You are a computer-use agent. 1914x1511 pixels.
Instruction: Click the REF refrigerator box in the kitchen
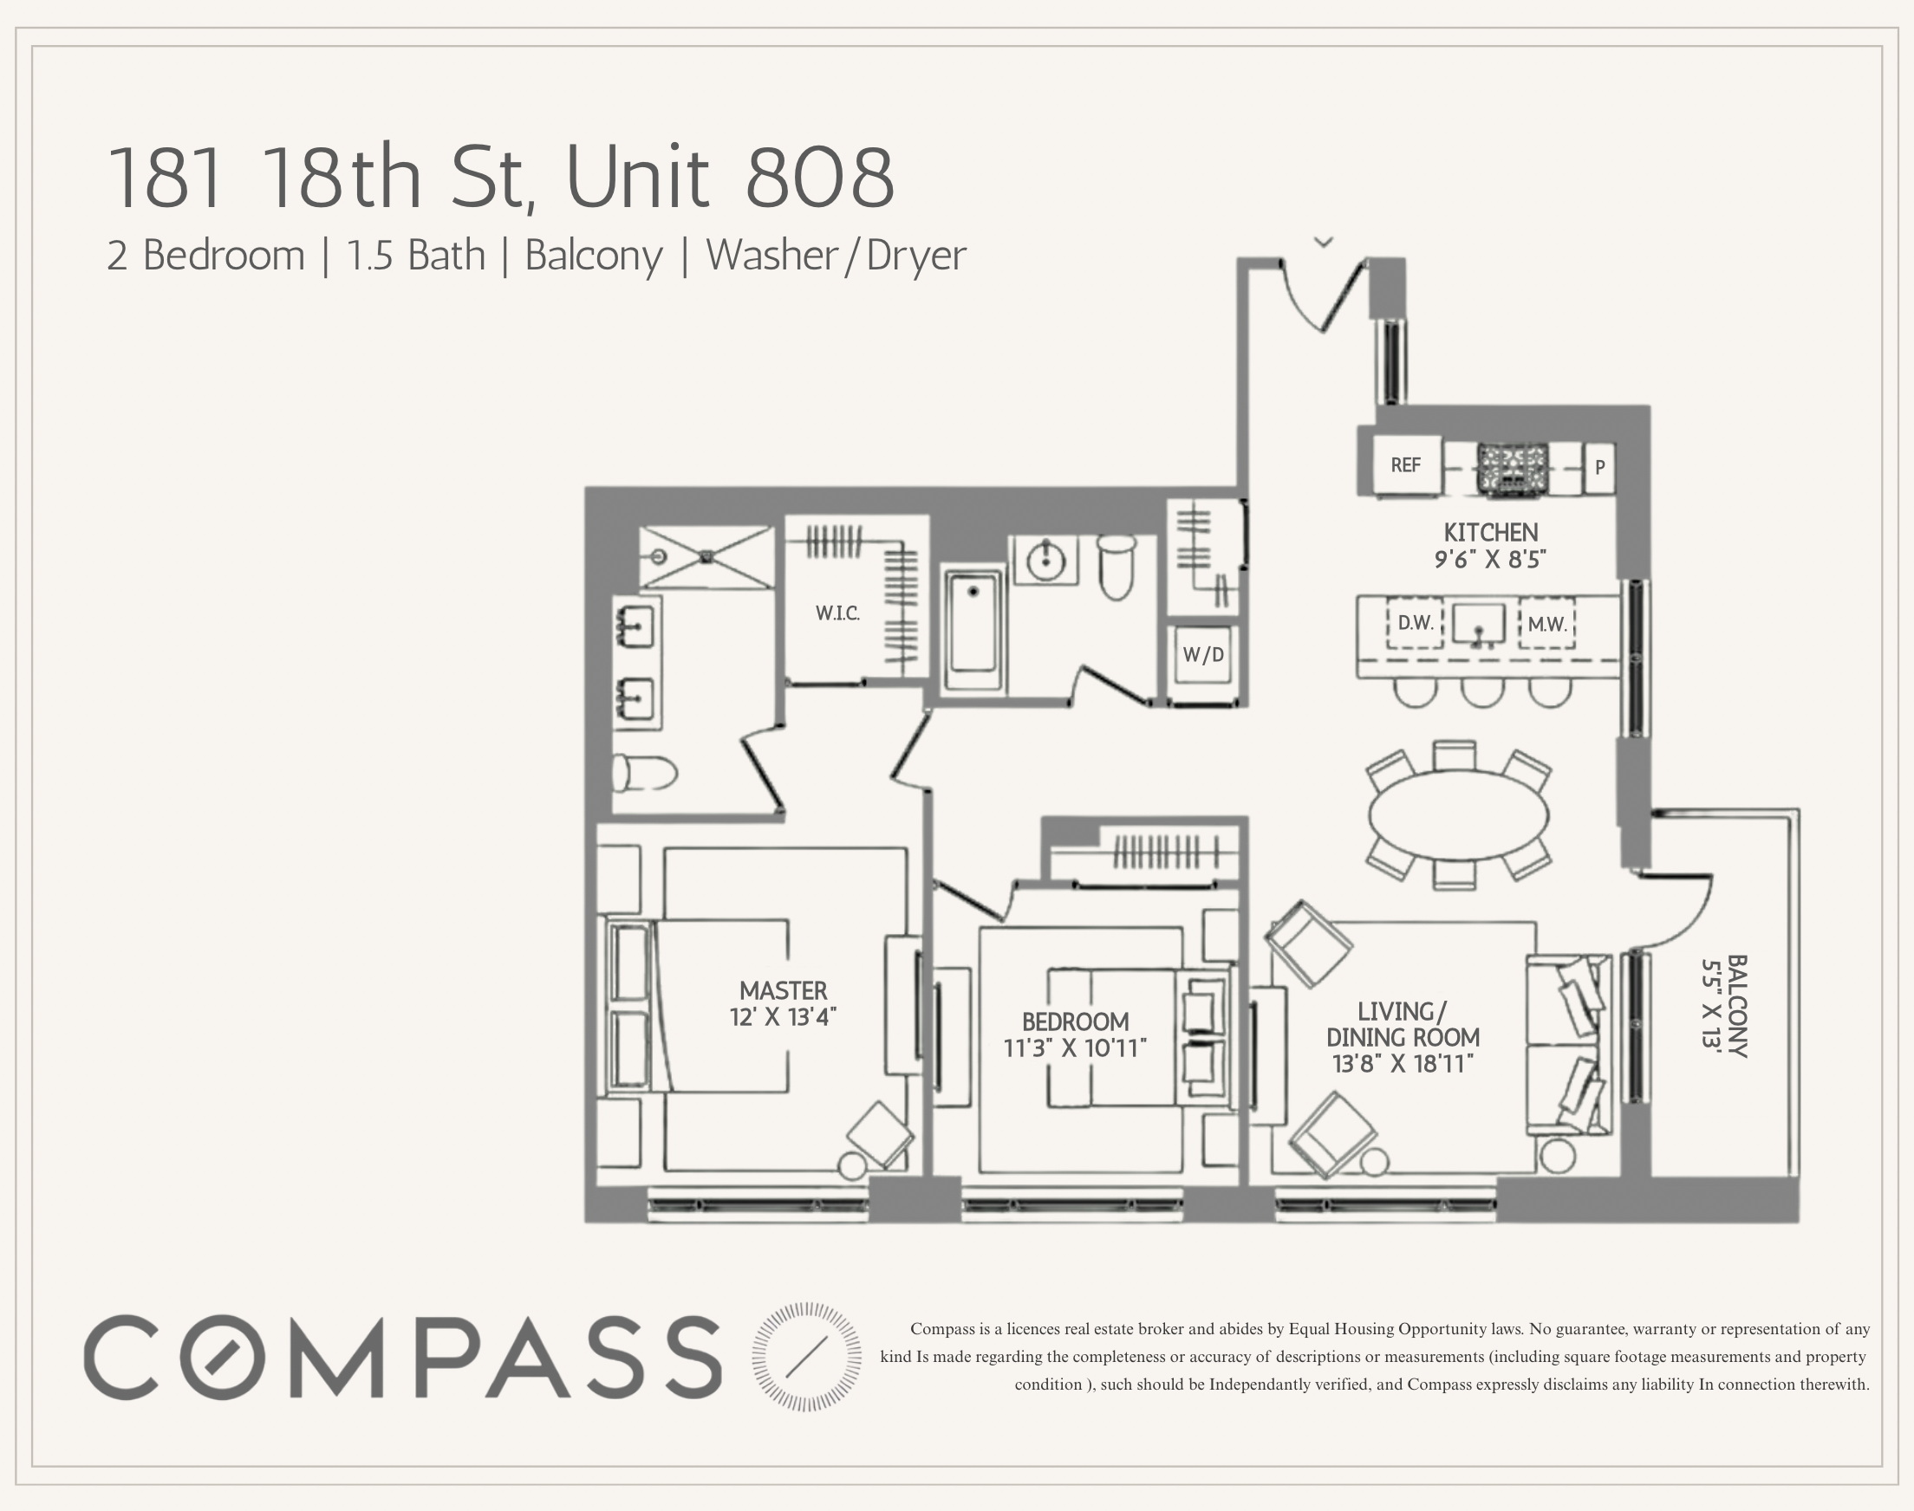coord(1406,465)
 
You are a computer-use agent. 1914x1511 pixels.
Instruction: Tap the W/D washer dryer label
coord(1203,655)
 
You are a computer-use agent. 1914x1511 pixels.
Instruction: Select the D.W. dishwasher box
coord(1415,623)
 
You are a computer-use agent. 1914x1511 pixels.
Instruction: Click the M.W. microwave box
coord(1546,624)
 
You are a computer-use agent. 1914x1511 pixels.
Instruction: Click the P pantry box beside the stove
coord(1599,467)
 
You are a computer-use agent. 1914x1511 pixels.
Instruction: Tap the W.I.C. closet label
coord(837,613)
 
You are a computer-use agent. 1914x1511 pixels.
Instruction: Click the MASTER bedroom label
coord(783,990)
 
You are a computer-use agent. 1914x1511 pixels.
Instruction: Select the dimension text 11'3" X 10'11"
coord(1075,1048)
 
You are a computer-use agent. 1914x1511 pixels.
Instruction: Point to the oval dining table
coord(1458,814)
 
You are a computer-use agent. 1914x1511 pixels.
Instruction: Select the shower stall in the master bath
coord(706,557)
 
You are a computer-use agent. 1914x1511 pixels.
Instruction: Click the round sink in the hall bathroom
coord(1046,559)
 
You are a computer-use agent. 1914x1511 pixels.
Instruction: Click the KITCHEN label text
coord(1490,533)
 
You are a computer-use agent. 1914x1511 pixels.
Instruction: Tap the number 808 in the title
coord(819,178)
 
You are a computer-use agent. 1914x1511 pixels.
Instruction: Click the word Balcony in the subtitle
coord(594,256)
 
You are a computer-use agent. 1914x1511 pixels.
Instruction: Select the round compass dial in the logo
coord(806,1356)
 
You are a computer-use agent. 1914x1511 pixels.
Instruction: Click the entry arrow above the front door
coord(1324,242)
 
